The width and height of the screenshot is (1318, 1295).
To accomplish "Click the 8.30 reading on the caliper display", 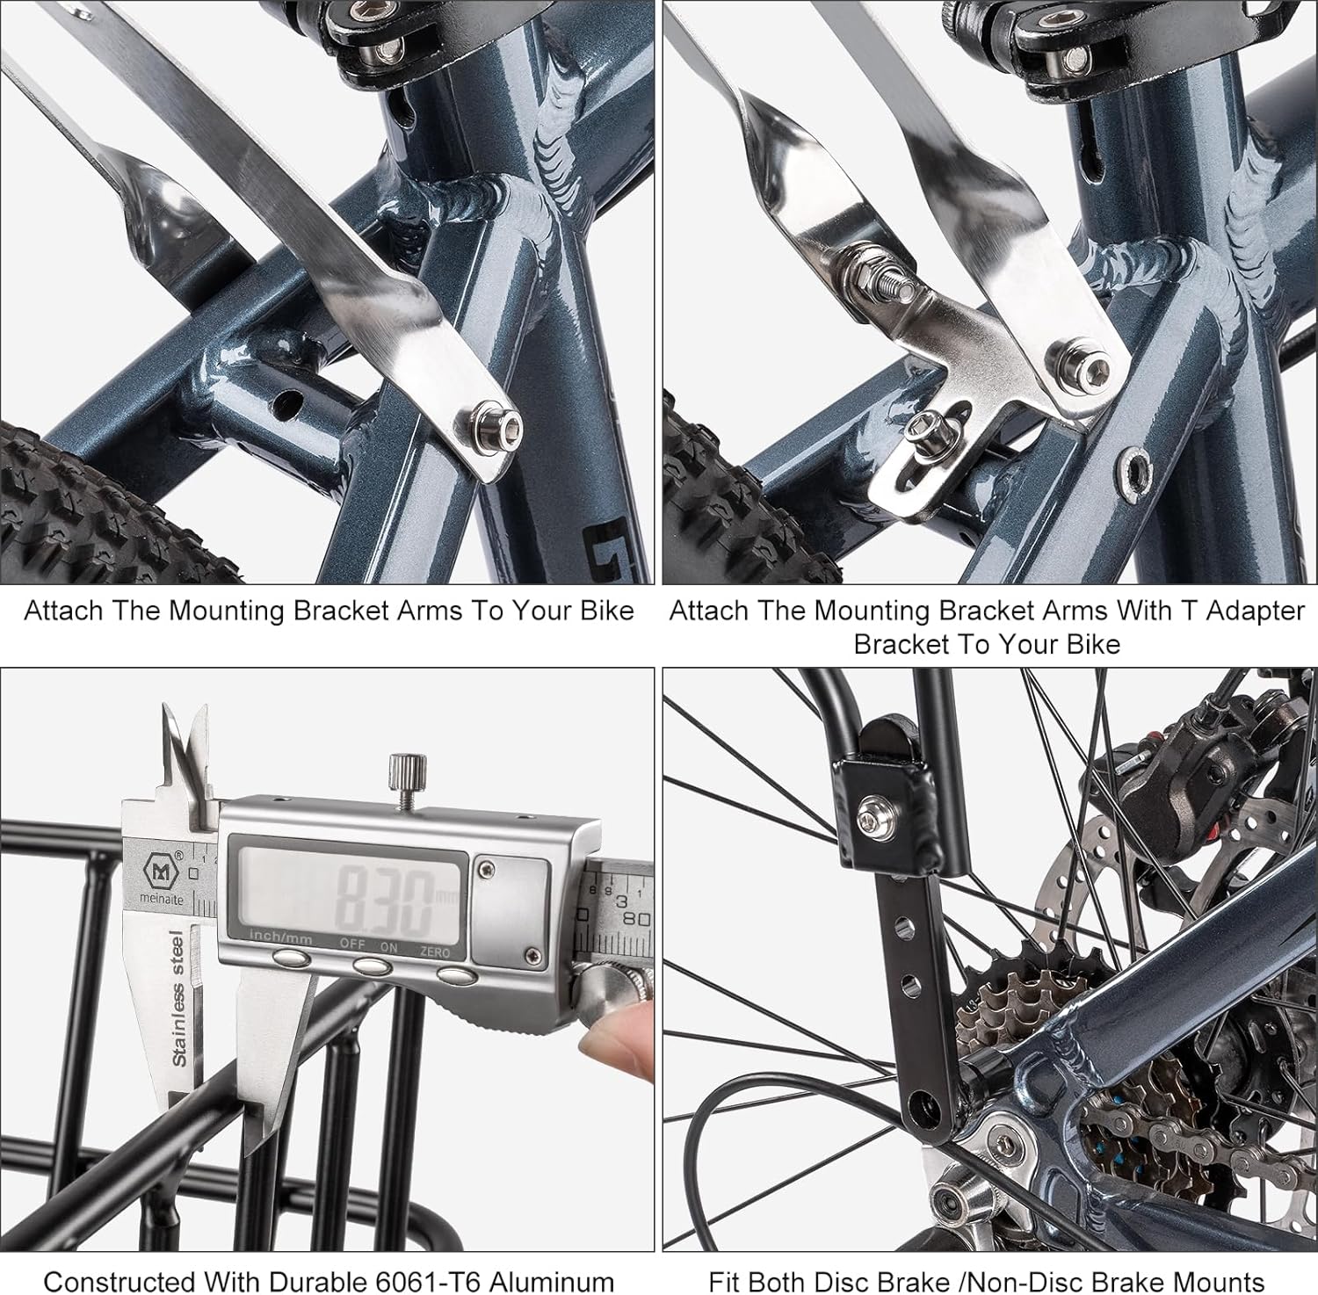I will (385, 902).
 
